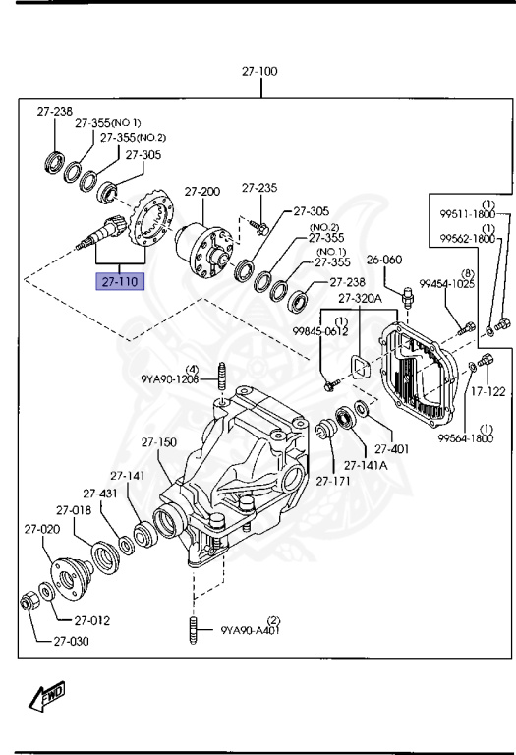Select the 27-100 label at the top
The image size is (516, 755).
click(x=259, y=72)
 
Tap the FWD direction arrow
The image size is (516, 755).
click(x=47, y=697)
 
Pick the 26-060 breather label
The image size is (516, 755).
click(x=386, y=261)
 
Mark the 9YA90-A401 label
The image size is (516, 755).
click(x=251, y=629)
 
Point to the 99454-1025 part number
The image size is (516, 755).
click(x=447, y=283)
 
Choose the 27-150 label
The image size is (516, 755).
click(x=157, y=442)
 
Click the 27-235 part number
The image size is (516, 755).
click(x=260, y=187)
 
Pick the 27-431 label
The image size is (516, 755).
click(x=101, y=494)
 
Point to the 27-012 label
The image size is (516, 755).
click(x=90, y=620)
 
